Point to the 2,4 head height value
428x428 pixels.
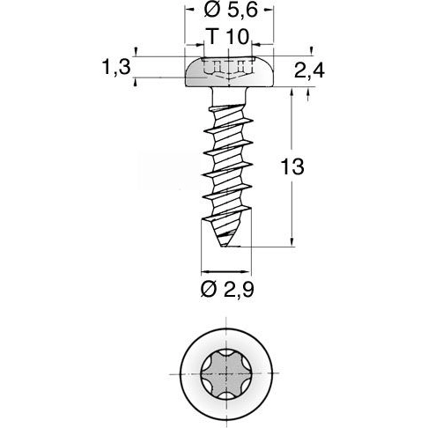[x=309, y=71]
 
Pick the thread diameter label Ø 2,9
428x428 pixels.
[x=228, y=290]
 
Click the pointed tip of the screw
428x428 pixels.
[x=227, y=247]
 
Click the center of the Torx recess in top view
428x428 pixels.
[x=228, y=373]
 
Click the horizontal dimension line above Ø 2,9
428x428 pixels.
[x=228, y=270]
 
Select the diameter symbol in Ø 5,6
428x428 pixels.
[x=210, y=12]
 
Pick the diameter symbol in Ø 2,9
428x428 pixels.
[x=209, y=290]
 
